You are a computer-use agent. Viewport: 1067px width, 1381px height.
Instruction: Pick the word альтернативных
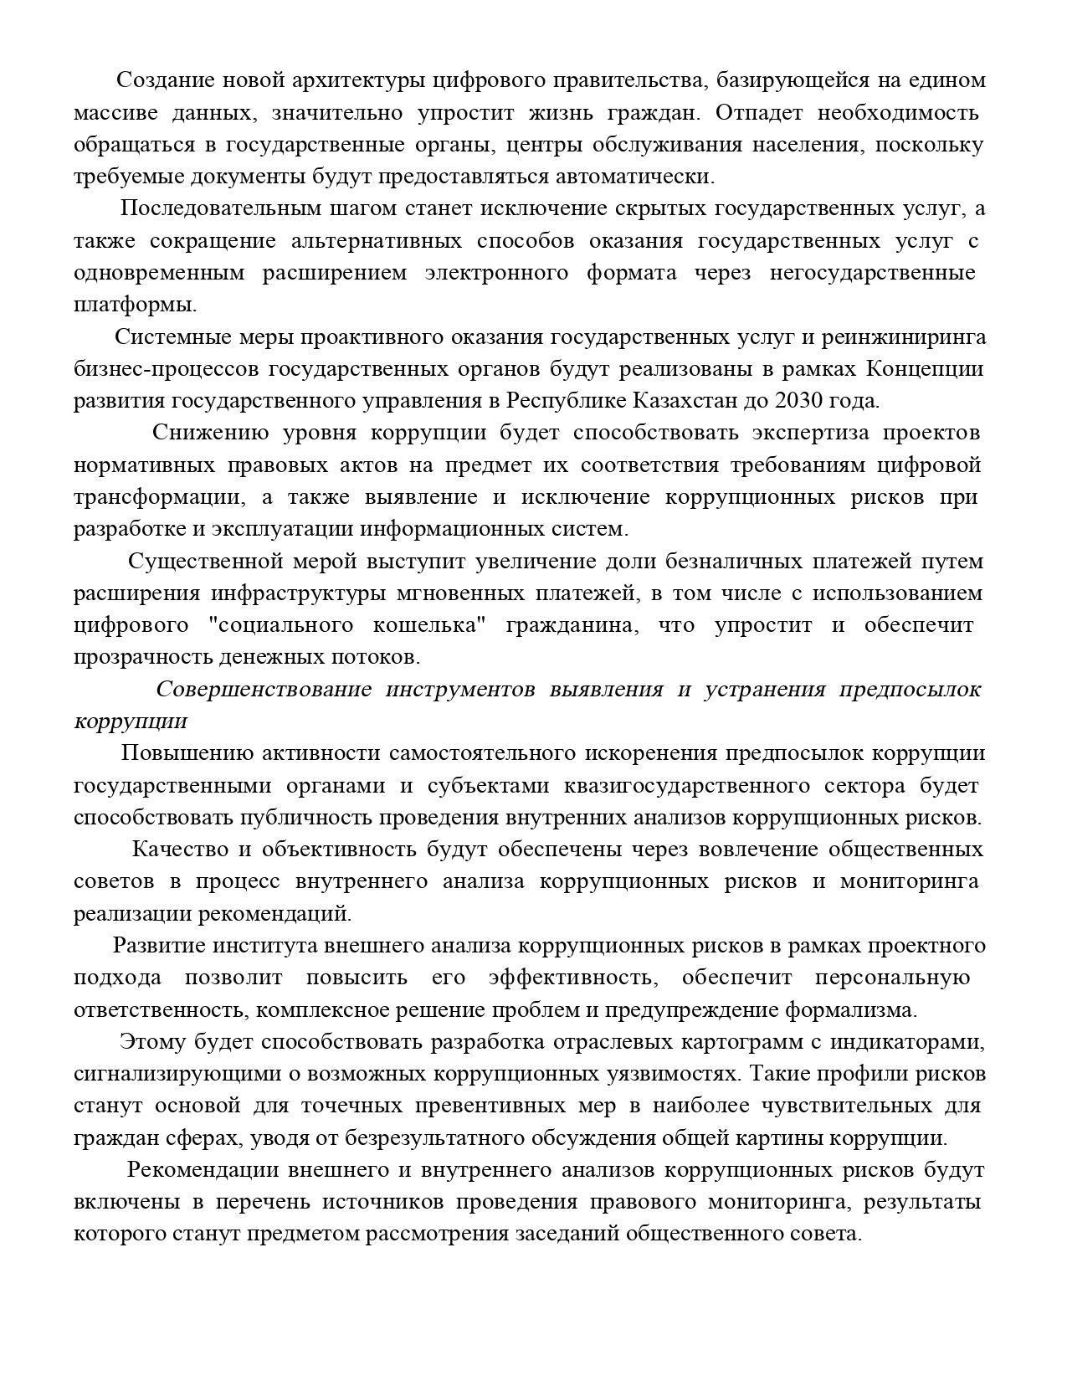pyautogui.click(x=377, y=241)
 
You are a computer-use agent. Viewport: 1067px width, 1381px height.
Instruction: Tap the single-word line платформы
pyautogui.click(x=136, y=305)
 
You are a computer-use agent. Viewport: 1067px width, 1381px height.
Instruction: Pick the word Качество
pyautogui.click(x=180, y=850)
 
